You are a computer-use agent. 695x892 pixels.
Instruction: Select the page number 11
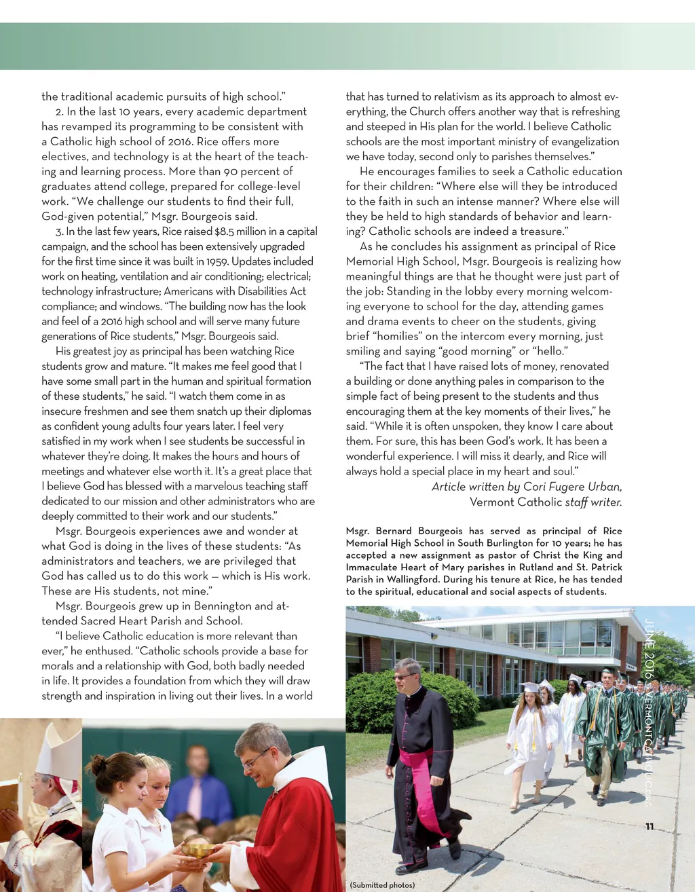(x=650, y=826)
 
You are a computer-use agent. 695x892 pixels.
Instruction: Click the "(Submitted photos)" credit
(x=382, y=885)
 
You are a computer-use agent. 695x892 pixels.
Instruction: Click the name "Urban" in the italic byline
(x=605, y=487)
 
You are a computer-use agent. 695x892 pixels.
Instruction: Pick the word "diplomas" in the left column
(x=290, y=411)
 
